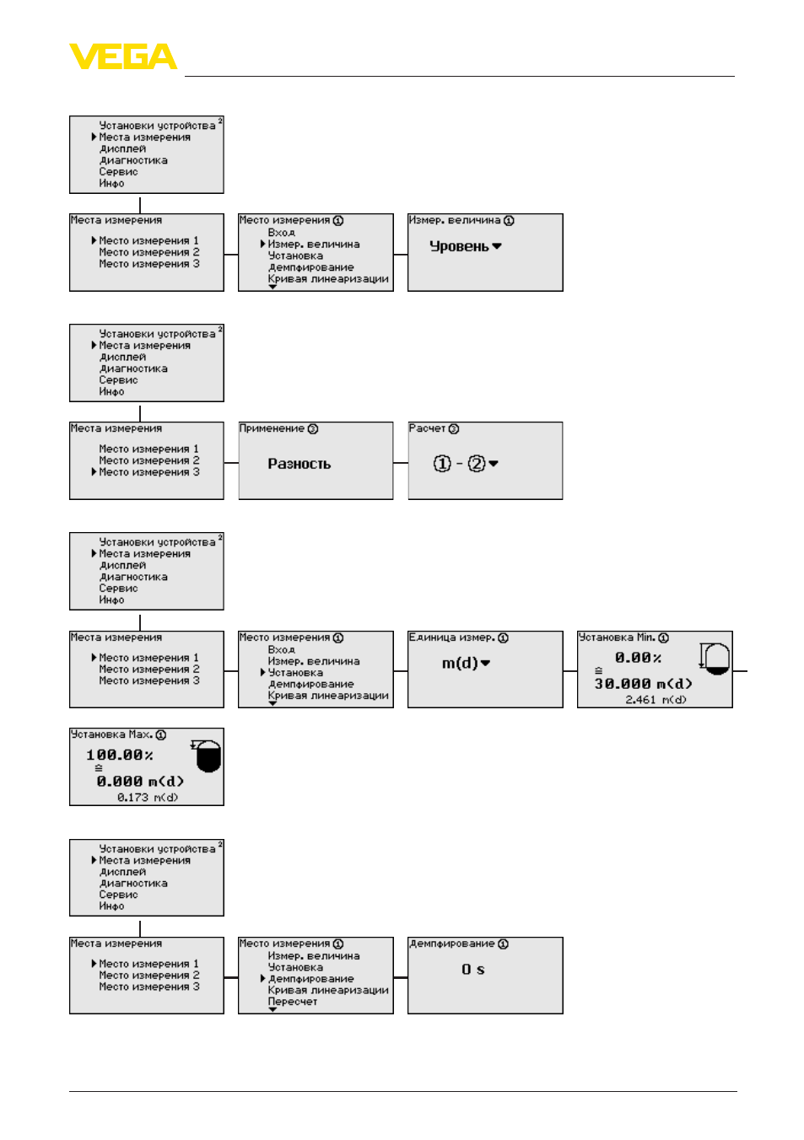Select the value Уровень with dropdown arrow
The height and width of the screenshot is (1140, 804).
[466, 246]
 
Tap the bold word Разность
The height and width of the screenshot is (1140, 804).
[299, 464]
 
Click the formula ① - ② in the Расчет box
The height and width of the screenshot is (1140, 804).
[466, 463]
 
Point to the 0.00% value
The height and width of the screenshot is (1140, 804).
[638, 658]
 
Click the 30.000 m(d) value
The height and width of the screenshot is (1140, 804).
[643, 684]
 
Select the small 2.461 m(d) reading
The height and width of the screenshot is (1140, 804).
[656, 700]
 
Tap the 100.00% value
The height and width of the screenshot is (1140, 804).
[119, 755]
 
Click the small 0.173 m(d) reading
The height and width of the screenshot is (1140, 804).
[148, 797]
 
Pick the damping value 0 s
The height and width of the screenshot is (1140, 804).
[473, 969]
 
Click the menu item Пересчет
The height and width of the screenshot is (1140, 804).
[292, 1001]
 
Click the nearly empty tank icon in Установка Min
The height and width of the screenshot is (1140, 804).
[715, 659]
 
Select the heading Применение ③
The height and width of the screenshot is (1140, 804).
[278, 428]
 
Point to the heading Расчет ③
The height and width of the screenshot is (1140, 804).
[434, 428]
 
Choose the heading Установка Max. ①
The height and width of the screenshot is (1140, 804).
[118, 734]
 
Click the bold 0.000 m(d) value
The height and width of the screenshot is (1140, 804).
[140, 781]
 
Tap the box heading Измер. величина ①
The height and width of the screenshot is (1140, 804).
[461, 220]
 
